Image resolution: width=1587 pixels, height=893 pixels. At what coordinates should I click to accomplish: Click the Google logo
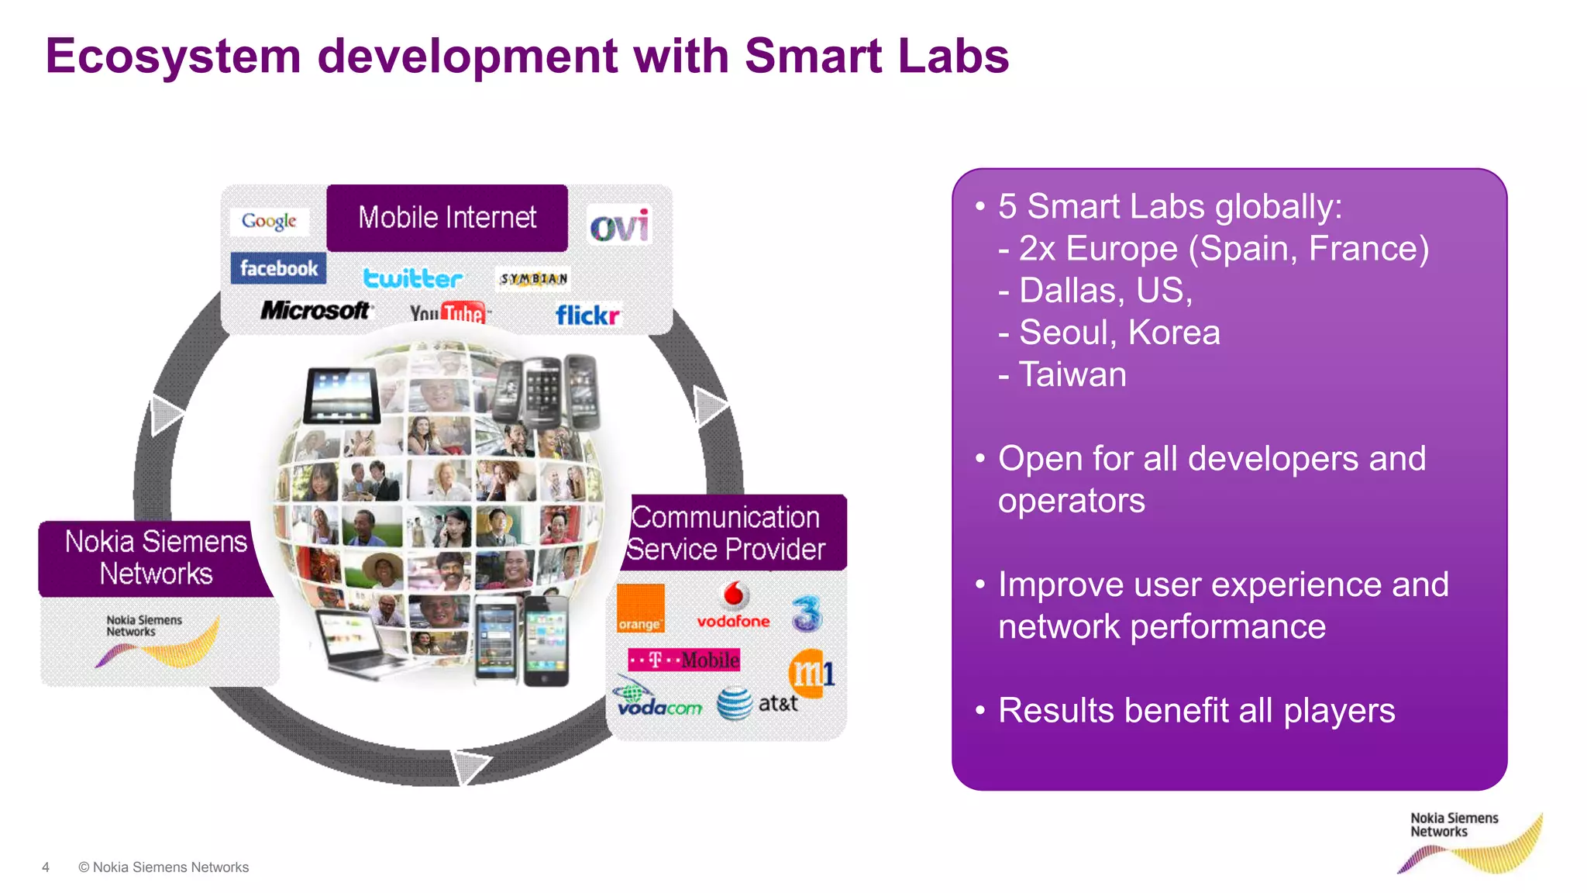point(269,221)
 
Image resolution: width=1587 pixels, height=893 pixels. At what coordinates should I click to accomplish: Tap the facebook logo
point(278,268)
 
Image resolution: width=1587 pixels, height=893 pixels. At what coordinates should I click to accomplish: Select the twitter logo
point(412,278)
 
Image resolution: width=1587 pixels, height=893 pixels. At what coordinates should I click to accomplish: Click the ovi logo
point(618,226)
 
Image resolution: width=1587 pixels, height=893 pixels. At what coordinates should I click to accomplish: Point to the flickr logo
point(587,315)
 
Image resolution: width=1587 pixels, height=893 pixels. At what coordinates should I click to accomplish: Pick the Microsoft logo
point(315,310)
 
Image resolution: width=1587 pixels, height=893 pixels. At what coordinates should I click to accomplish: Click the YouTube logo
point(449,312)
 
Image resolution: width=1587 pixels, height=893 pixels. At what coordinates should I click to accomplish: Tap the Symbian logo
point(533,278)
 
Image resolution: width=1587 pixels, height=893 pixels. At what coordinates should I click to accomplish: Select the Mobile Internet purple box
point(447,218)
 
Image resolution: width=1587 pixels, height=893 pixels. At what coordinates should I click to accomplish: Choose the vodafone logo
point(733,606)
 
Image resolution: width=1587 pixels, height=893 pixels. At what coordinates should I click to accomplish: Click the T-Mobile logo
point(684,660)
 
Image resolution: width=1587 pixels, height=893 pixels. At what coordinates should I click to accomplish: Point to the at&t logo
point(757,703)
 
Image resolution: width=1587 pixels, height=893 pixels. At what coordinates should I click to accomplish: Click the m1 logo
point(811,671)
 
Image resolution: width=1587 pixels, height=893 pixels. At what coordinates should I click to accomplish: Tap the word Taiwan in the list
point(1072,374)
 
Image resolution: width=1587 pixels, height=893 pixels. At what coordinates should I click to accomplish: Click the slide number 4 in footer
point(46,867)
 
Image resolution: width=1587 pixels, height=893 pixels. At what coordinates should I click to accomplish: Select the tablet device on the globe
point(342,395)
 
